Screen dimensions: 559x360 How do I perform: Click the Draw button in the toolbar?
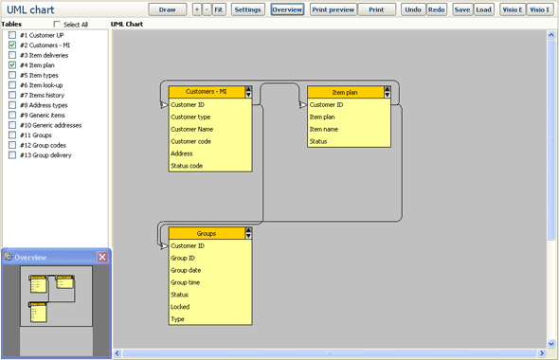[x=168, y=9]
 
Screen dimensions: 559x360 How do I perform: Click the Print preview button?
[x=333, y=9]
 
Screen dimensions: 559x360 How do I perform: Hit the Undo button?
[x=412, y=9]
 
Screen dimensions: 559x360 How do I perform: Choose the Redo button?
[x=436, y=9]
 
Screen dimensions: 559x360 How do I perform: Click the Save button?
[x=461, y=9]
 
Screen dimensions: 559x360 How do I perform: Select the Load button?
[x=483, y=9]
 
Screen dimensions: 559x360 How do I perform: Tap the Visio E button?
[x=513, y=9]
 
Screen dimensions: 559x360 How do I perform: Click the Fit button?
[x=219, y=9]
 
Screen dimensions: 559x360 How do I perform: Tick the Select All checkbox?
[x=58, y=25]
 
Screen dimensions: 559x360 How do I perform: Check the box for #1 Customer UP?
[x=12, y=35]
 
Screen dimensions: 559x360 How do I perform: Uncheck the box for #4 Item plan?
[x=12, y=65]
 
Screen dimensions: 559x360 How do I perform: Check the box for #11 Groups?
[x=12, y=135]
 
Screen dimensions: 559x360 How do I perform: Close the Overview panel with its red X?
[x=102, y=257]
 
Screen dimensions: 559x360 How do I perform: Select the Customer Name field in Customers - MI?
[x=192, y=129]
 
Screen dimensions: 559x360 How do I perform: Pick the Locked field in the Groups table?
[x=180, y=307]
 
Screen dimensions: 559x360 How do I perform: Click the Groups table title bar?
[x=206, y=233]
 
